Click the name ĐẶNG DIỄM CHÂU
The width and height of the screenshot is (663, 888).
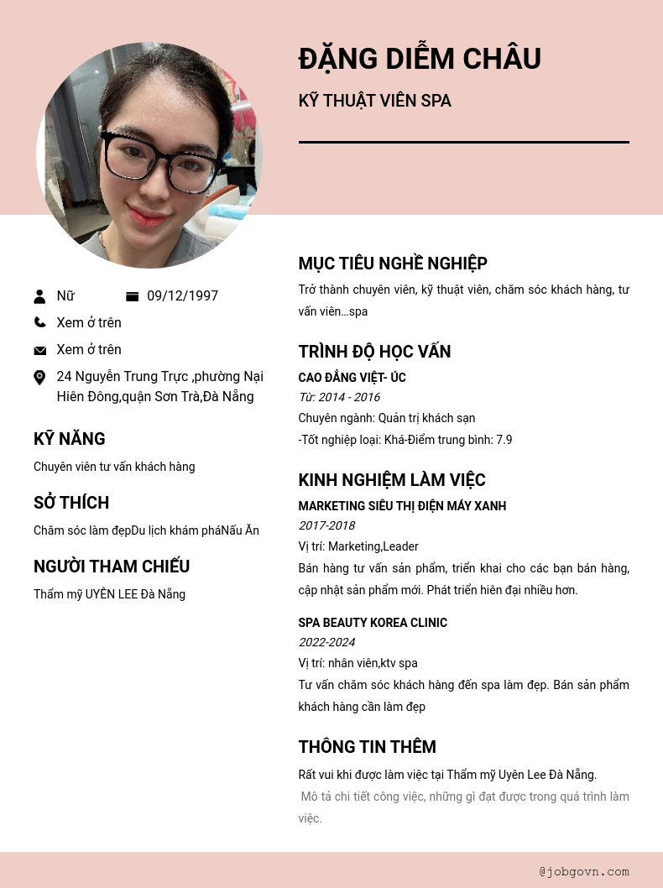click(420, 59)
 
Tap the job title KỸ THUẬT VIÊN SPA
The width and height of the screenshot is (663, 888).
click(374, 101)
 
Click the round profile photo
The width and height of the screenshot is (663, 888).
click(149, 155)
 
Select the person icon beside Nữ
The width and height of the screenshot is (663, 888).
click(39, 296)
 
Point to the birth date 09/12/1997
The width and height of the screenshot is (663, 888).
click(182, 296)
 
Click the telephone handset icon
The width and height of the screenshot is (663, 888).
click(39, 322)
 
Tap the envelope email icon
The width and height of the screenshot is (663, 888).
click(39, 350)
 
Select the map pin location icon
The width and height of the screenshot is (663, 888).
click(39, 378)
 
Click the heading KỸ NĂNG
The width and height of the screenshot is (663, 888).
click(70, 439)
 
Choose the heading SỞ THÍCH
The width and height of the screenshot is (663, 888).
click(71, 503)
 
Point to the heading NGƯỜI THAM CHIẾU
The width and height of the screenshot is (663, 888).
click(112, 567)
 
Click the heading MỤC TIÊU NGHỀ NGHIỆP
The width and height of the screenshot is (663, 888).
click(393, 264)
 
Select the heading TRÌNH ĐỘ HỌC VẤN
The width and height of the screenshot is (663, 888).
click(374, 352)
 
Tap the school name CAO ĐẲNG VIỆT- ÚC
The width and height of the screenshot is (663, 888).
click(352, 378)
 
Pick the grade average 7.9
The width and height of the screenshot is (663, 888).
click(504, 440)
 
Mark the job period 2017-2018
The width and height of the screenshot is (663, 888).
click(326, 525)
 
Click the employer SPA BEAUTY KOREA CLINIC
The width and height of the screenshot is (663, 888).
click(373, 623)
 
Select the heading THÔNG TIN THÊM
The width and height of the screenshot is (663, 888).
click(367, 747)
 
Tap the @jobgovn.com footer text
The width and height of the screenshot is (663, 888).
click(584, 871)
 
